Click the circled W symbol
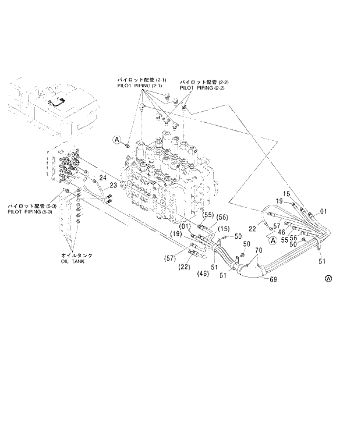tap(328, 278)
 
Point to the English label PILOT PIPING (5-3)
tap(30, 211)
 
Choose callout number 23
tap(114, 185)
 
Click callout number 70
tap(259, 251)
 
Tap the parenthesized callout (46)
tap(203, 272)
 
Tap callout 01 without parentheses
tap(324, 211)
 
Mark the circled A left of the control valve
tap(116, 139)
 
